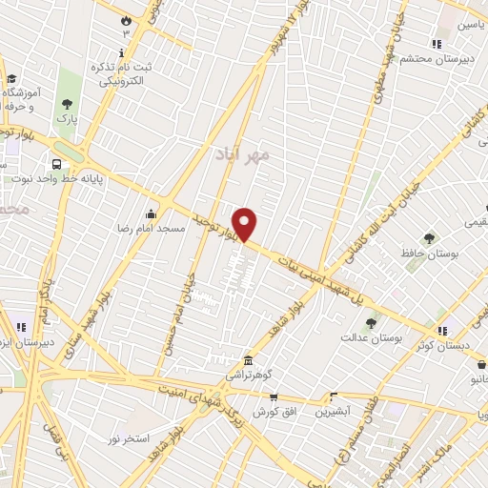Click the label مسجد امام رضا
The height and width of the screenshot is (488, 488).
point(107,230)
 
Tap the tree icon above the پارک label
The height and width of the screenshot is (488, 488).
point(66,104)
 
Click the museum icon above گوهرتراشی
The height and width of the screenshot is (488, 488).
point(249,360)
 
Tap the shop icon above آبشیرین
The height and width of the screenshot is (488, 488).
point(334,396)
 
